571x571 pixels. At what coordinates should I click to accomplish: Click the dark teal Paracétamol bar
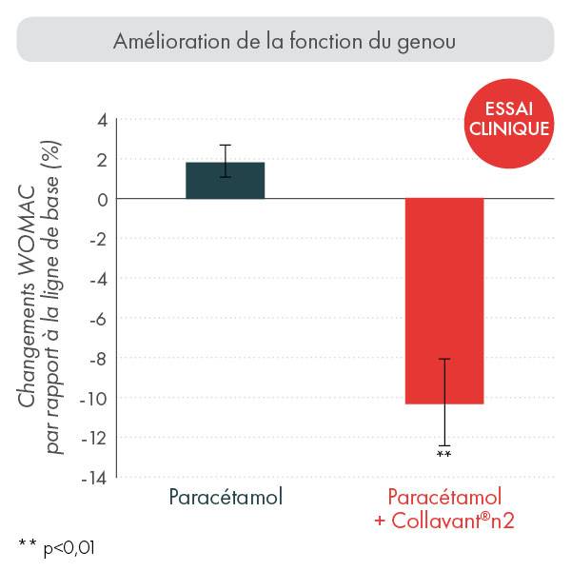[x=225, y=181]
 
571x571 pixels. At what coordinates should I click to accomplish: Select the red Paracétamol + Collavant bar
[x=444, y=301]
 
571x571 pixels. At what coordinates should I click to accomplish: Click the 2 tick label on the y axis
[x=100, y=159]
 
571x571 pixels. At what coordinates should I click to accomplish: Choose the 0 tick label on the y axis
[x=100, y=199]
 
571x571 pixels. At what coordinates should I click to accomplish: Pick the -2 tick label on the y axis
[x=96, y=239]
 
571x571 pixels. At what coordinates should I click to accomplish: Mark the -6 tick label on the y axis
[x=96, y=318]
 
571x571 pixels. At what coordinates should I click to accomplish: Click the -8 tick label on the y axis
[x=96, y=358]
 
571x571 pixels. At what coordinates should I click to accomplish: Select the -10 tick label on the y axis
[x=92, y=398]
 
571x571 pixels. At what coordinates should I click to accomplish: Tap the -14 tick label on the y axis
[x=92, y=478]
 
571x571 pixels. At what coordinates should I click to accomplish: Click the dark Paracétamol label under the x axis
[x=226, y=498]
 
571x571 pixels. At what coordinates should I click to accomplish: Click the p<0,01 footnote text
[x=69, y=548]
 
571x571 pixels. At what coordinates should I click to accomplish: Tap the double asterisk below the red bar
[x=443, y=455]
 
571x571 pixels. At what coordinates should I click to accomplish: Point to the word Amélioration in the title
[x=166, y=41]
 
